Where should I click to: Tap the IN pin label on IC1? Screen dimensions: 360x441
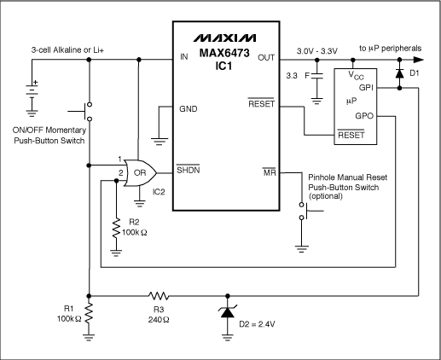pos(183,59)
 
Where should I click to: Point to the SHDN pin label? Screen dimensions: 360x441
pos(189,169)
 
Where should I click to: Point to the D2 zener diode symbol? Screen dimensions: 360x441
pos(227,312)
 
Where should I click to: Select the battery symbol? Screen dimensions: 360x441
pos(32,88)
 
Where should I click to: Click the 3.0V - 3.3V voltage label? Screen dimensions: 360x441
pos(318,50)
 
